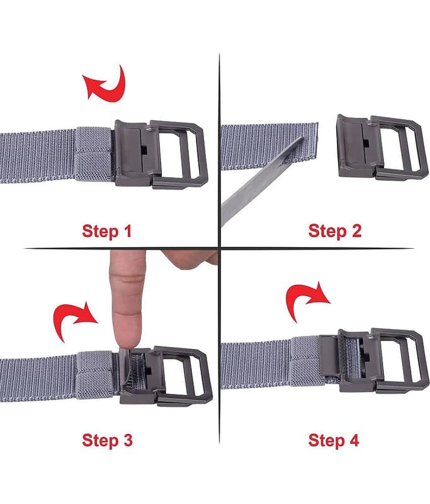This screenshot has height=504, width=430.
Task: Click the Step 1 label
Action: pos(107,231)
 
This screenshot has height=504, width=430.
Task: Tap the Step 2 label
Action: pos(335,231)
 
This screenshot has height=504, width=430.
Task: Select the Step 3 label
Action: pos(107,440)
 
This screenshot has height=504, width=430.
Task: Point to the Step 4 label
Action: pos(333,440)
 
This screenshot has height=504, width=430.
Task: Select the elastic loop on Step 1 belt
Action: pos(94,154)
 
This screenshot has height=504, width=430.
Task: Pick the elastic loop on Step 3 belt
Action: pos(95,375)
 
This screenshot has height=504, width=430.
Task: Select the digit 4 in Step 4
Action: pos(354,440)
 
